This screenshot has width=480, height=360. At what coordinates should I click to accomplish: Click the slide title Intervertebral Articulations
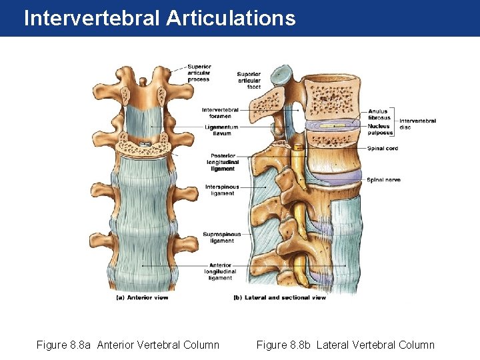pyautogui.click(x=159, y=18)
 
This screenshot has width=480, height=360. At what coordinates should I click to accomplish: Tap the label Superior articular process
pyautogui.click(x=199, y=73)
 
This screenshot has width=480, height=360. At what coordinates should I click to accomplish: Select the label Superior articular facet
pyautogui.click(x=249, y=80)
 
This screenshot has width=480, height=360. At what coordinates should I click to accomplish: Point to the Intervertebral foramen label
pyautogui.click(x=220, y=113)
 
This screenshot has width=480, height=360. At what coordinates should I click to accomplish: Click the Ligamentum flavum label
pyautogui.click(x=221, y=129)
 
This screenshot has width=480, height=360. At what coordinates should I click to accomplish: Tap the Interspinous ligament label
pyautogui.click(x=222, y=190)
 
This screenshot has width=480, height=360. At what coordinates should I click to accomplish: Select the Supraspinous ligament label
pyautogui.click(x=222, y=237)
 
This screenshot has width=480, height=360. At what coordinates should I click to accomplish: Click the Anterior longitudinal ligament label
pyautogui.click(x=220, y=272)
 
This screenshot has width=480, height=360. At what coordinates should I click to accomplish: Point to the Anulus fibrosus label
pyautogui.click(x=379, y=115)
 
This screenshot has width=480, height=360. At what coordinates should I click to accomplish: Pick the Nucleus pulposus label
pyautogui.click(x=379, y=129)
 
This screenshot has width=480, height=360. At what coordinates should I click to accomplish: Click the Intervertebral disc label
pyautogui.click(x=417, y=124)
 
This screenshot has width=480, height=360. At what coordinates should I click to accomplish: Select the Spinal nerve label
pyautogui.click(x=383, y=180)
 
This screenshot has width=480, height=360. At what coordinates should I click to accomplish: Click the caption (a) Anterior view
pyautogui.click(x=142, y=297)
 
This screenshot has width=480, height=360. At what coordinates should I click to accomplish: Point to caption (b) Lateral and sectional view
pyautogui.click(x=279, y=297)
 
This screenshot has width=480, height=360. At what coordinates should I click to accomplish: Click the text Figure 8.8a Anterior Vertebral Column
pyautogui.click(x=127, y=345)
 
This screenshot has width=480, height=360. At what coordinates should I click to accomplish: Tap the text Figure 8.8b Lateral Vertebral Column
pyautogui.click(x=345, y=345)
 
